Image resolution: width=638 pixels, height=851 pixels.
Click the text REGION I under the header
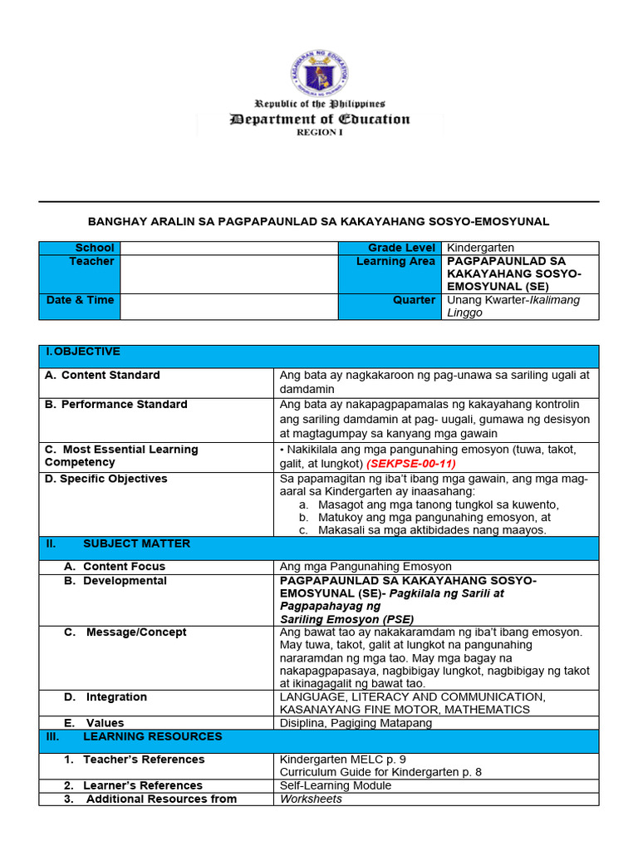319,132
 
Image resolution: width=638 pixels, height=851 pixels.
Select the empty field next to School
228,248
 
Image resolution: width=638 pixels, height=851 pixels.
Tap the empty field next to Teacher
228,273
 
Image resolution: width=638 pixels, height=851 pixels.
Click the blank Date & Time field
228,306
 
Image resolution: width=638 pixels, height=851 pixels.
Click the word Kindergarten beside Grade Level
480,248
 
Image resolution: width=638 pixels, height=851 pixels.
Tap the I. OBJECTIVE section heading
84,352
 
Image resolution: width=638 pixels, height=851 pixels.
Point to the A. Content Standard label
102,375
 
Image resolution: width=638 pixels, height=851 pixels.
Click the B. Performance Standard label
115,405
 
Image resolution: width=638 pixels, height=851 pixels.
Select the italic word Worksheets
311,799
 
